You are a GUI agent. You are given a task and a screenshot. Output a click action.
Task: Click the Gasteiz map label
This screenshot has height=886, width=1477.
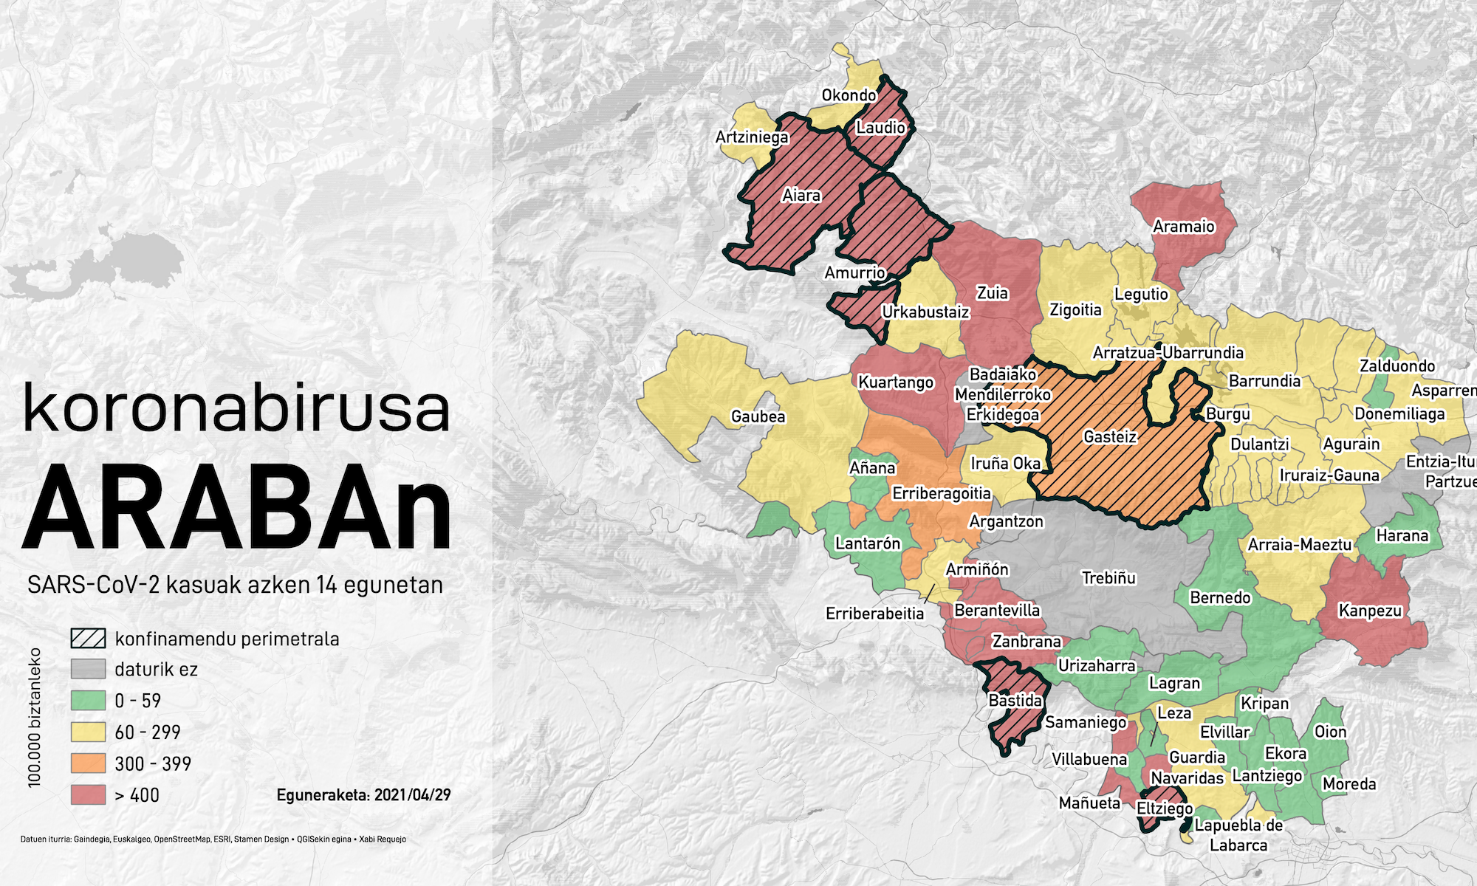(x=1110, y=437)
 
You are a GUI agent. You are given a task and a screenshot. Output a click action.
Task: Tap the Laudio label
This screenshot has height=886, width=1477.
(x=880, y=128)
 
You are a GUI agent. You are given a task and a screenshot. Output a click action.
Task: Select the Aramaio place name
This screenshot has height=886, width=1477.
(x=1183, y=227)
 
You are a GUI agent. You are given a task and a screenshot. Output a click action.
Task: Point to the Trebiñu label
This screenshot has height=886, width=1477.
(x=1108, y=578)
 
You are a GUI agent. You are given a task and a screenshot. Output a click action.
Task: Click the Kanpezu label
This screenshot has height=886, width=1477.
(x=1370, y=611)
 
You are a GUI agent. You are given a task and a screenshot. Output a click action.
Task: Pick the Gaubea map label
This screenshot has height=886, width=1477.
(x=758, y=416)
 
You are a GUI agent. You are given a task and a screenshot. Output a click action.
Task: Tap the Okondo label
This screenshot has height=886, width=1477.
(x=849, y=95)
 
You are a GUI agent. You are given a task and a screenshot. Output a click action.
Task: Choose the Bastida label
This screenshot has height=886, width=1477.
(x=1015, y=700)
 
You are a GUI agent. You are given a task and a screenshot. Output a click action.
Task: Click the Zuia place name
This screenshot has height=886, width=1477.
(x=992, y=293)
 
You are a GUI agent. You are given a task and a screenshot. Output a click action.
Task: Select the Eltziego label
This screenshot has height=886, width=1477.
(x=1165, y=808)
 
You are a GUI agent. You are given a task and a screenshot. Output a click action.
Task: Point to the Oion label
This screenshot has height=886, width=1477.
(x=1330, y=732)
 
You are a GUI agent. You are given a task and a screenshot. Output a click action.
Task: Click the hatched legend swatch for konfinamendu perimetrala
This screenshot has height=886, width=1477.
(x=88, y=639)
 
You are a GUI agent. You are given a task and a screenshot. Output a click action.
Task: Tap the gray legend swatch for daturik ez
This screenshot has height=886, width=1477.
(x=88, y=670)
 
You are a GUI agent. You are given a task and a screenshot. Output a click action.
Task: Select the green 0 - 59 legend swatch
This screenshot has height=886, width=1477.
(x=88, y=701)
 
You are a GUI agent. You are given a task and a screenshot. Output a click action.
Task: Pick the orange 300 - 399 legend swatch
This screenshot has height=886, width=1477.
(x=88, y=763)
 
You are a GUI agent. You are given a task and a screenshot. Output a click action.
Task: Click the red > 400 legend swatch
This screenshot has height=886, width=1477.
(x=88, y=795)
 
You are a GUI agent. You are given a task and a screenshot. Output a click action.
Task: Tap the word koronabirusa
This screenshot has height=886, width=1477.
(x=236, y=408)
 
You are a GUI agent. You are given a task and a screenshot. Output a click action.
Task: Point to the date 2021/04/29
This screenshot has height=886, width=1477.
(x=412, y=795)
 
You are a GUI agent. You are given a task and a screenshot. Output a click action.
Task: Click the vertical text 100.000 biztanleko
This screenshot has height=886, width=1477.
(x=35, y=718)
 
